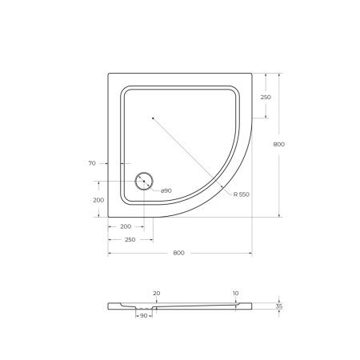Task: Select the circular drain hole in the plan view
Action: coord(145,182)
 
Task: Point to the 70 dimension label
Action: coord(93,163)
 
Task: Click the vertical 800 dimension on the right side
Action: coord(278,144)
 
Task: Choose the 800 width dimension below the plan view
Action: coord(179,253)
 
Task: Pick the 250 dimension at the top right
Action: coord(266,97)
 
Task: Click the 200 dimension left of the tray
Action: coord(98,199)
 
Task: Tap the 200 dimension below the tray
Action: coord(126,226)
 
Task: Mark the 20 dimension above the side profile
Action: coord(156,294)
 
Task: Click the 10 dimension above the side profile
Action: coord(235,294)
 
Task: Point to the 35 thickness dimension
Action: coord(278,306)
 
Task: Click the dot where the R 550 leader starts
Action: coord(152,118)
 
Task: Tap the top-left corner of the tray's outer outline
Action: coord(109,74)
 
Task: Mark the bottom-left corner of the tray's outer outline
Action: coord(109,217)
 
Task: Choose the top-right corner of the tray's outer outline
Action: coord(251,74)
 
